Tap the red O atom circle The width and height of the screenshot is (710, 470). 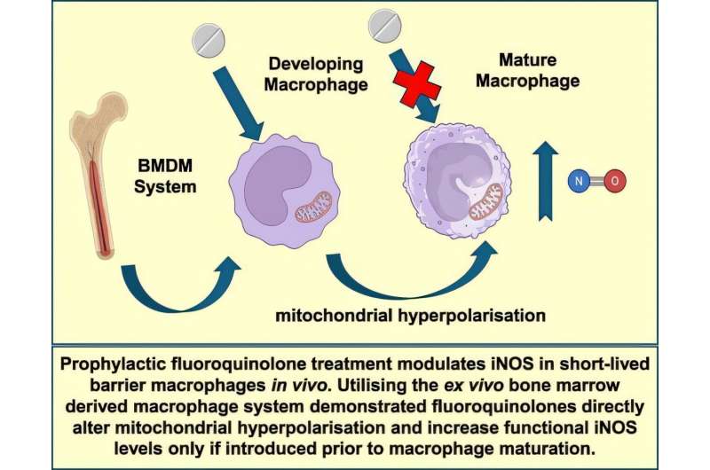click(619, 182)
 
